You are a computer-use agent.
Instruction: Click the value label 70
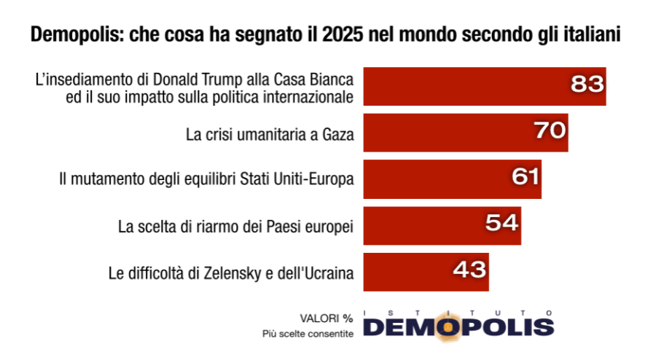pos(550,131)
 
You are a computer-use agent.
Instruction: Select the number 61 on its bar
pos(522,178)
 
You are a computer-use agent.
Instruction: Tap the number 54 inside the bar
pos(502,224)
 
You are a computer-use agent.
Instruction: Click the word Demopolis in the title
pos(70,36)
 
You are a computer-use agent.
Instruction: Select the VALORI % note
pos(327,318)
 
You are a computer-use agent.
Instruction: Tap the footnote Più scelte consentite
pos(308,334)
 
